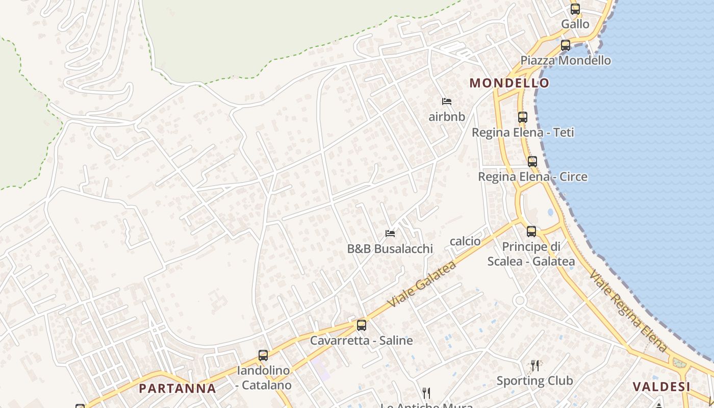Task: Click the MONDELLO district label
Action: [509, 83]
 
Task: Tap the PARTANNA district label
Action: [177, 388]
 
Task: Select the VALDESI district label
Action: [661, 386]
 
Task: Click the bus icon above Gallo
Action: [575, 9]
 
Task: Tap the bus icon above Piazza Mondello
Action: [565, 45]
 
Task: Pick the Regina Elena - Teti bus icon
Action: [522, 117]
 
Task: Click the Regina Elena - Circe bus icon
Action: [532, 162]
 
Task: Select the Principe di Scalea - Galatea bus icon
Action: [531, 231]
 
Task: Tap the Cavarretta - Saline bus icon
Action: [362, 325]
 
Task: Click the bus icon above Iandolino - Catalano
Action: [263, 355]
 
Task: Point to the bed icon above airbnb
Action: [447, 101]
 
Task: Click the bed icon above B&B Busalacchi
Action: [390, 234]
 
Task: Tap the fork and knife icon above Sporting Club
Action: [534, 365]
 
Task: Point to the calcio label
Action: [465, 241]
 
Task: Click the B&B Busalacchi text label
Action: [390, 249]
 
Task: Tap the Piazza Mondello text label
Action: [565, 60]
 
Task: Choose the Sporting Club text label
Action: [534, 380]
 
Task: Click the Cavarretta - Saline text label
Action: [362, 340]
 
